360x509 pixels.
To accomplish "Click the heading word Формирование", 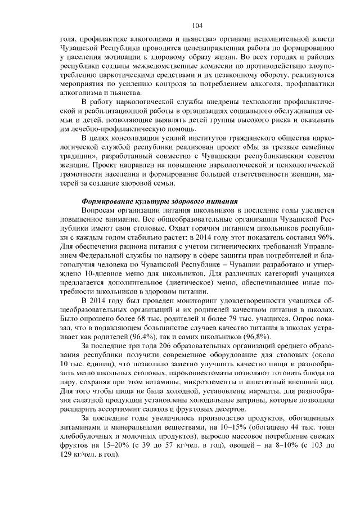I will tap(108, 200).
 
